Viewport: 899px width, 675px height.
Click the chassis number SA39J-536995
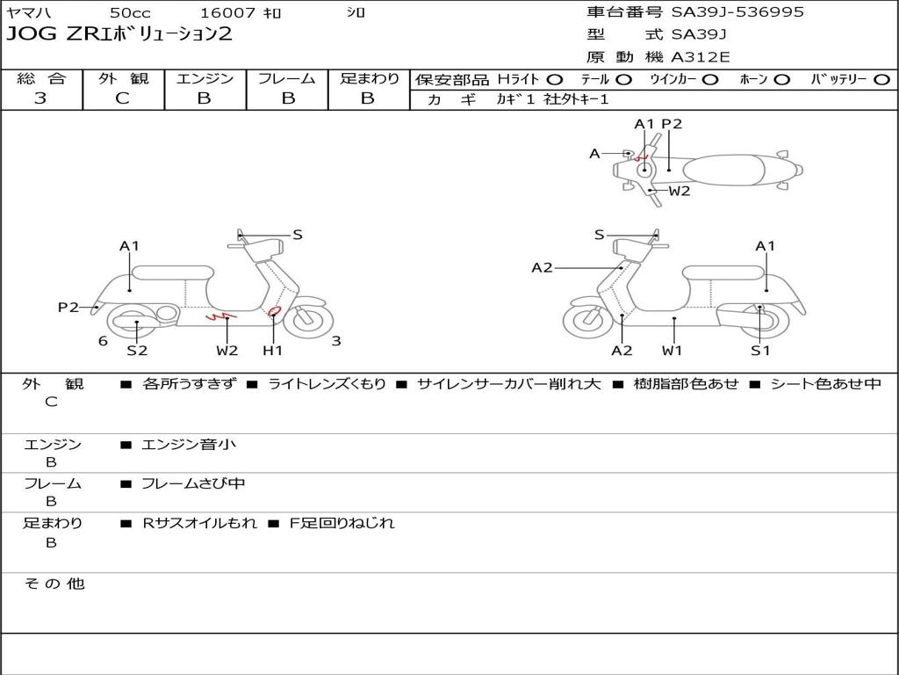click(x=737, y=11)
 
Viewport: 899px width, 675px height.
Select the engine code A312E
click(x=700, y=57)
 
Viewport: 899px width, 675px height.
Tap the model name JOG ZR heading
click(x=119, y=34)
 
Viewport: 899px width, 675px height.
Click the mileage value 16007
click(x=226, y=12)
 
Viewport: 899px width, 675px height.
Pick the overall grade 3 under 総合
click(x=40, y=98)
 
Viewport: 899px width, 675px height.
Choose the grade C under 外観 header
click(x=122, y=98)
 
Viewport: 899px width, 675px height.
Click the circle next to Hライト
click(x=555, y=80)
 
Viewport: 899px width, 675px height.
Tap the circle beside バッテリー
click(x=881, y=80)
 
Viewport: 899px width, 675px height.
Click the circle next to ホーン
click(x=781, y=80)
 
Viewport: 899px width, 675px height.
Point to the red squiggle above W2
click(x=220, y=316)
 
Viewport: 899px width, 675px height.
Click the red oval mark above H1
click(x=275, y=311)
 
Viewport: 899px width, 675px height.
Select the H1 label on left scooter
click(x=272, y=350)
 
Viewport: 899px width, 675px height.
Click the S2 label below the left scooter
click(x=137, y=350)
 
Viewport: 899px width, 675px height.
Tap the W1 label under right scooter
click(x=672, y=350)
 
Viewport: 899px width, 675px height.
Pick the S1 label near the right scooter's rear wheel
click(x=760, y=350)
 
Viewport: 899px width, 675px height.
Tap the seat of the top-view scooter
click(x=723, y=171)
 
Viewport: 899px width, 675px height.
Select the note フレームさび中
click(x=193, y=484)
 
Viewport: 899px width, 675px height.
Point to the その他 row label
click(x=54, y=584)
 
